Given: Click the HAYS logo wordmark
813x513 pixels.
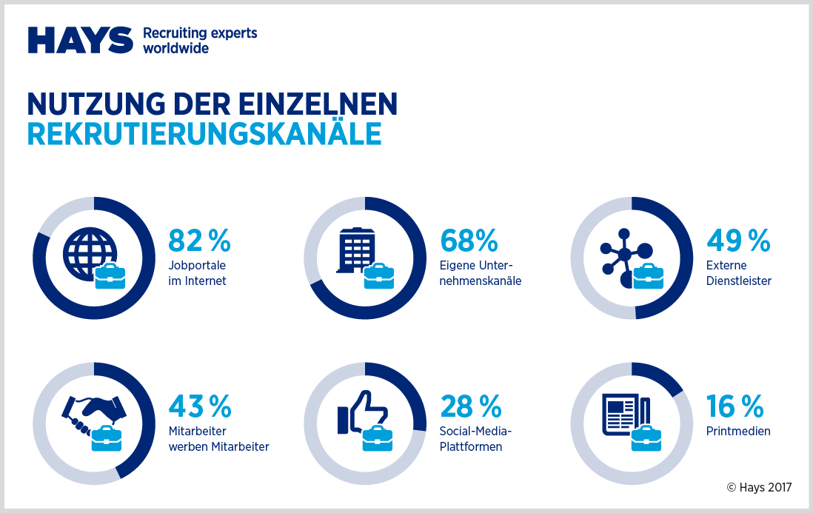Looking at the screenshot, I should (81, 41).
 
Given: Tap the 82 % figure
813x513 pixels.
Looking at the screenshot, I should (199, 241).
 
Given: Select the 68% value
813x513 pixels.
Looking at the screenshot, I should (469, 241).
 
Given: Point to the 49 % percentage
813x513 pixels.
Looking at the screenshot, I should (738, 241).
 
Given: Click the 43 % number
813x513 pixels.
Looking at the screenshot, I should (199, 406).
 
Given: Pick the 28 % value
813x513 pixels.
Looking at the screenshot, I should (471, 406).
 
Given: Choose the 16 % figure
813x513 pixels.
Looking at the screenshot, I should (735, 406).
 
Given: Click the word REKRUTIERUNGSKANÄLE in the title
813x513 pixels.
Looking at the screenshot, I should (204, 134).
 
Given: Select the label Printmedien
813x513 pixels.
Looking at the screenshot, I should (737, 432).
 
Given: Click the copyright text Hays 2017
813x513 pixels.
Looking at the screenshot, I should (759, 487).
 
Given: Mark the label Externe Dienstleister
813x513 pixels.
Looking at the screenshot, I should (738, 273).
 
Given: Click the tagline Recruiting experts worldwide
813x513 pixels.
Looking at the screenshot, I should (199, 41).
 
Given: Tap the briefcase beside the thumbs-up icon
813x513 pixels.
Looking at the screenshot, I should (378, 437).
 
